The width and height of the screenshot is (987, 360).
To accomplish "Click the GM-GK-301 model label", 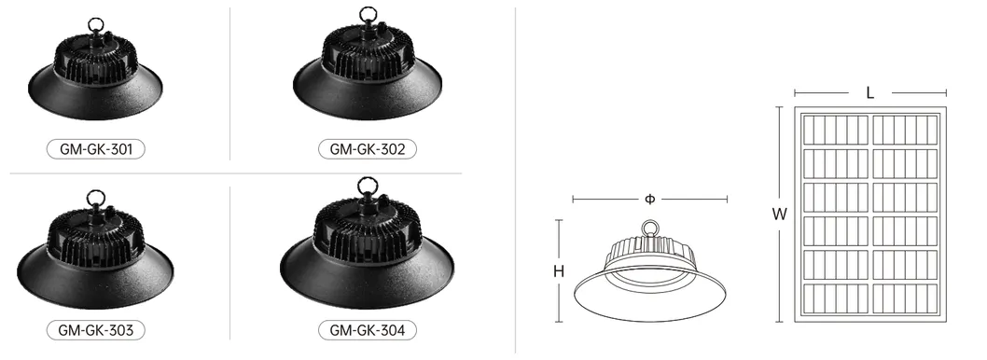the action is pos(96,149).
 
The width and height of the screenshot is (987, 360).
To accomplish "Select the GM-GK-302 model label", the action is pos(367,149).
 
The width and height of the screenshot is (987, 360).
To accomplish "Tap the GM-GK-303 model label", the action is pos(96,330).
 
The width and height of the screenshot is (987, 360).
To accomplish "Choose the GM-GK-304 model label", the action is pos(367,330).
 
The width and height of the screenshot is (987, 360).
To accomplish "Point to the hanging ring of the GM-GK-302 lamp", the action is pos(368,8).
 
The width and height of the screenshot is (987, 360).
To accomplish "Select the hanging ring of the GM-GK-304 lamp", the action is pos(368,179).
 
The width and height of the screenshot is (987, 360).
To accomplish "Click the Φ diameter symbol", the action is pos(649,200).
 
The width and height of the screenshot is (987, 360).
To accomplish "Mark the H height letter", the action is pos(558,272).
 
